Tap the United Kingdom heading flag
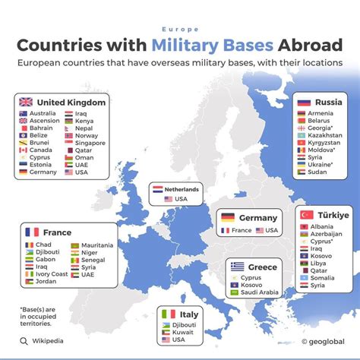(x=25, y=103)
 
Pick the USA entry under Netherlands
(x=180, y=199)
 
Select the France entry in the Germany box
(x=241, y=229)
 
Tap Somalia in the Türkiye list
(x=324, y=277)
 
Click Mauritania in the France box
(x=97, y=245)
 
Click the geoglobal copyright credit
(x=324, y=342)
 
